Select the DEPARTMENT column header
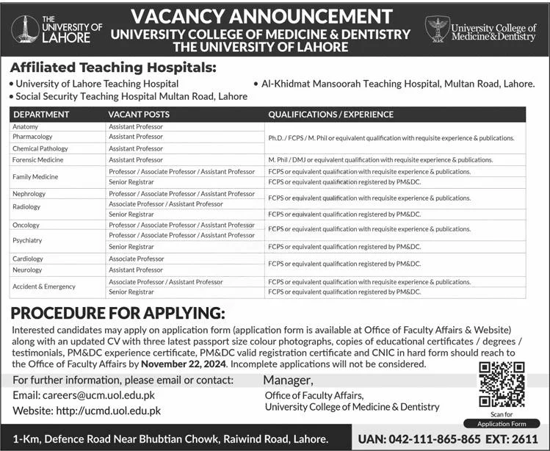(x=41, y=115)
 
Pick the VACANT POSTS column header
(x=139, y=115)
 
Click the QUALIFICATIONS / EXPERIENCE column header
(x=330, y=115)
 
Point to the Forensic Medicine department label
(x=37, y=159)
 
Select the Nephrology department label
(x=29, y=194)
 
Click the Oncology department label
(x=26, y=225)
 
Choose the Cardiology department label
(x=28, y=259)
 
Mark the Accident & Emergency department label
(x=44, y=286)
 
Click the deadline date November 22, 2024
(x=184, y=364)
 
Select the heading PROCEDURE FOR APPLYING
(x=117, y=312)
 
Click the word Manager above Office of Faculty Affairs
(x=288, y=380)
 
